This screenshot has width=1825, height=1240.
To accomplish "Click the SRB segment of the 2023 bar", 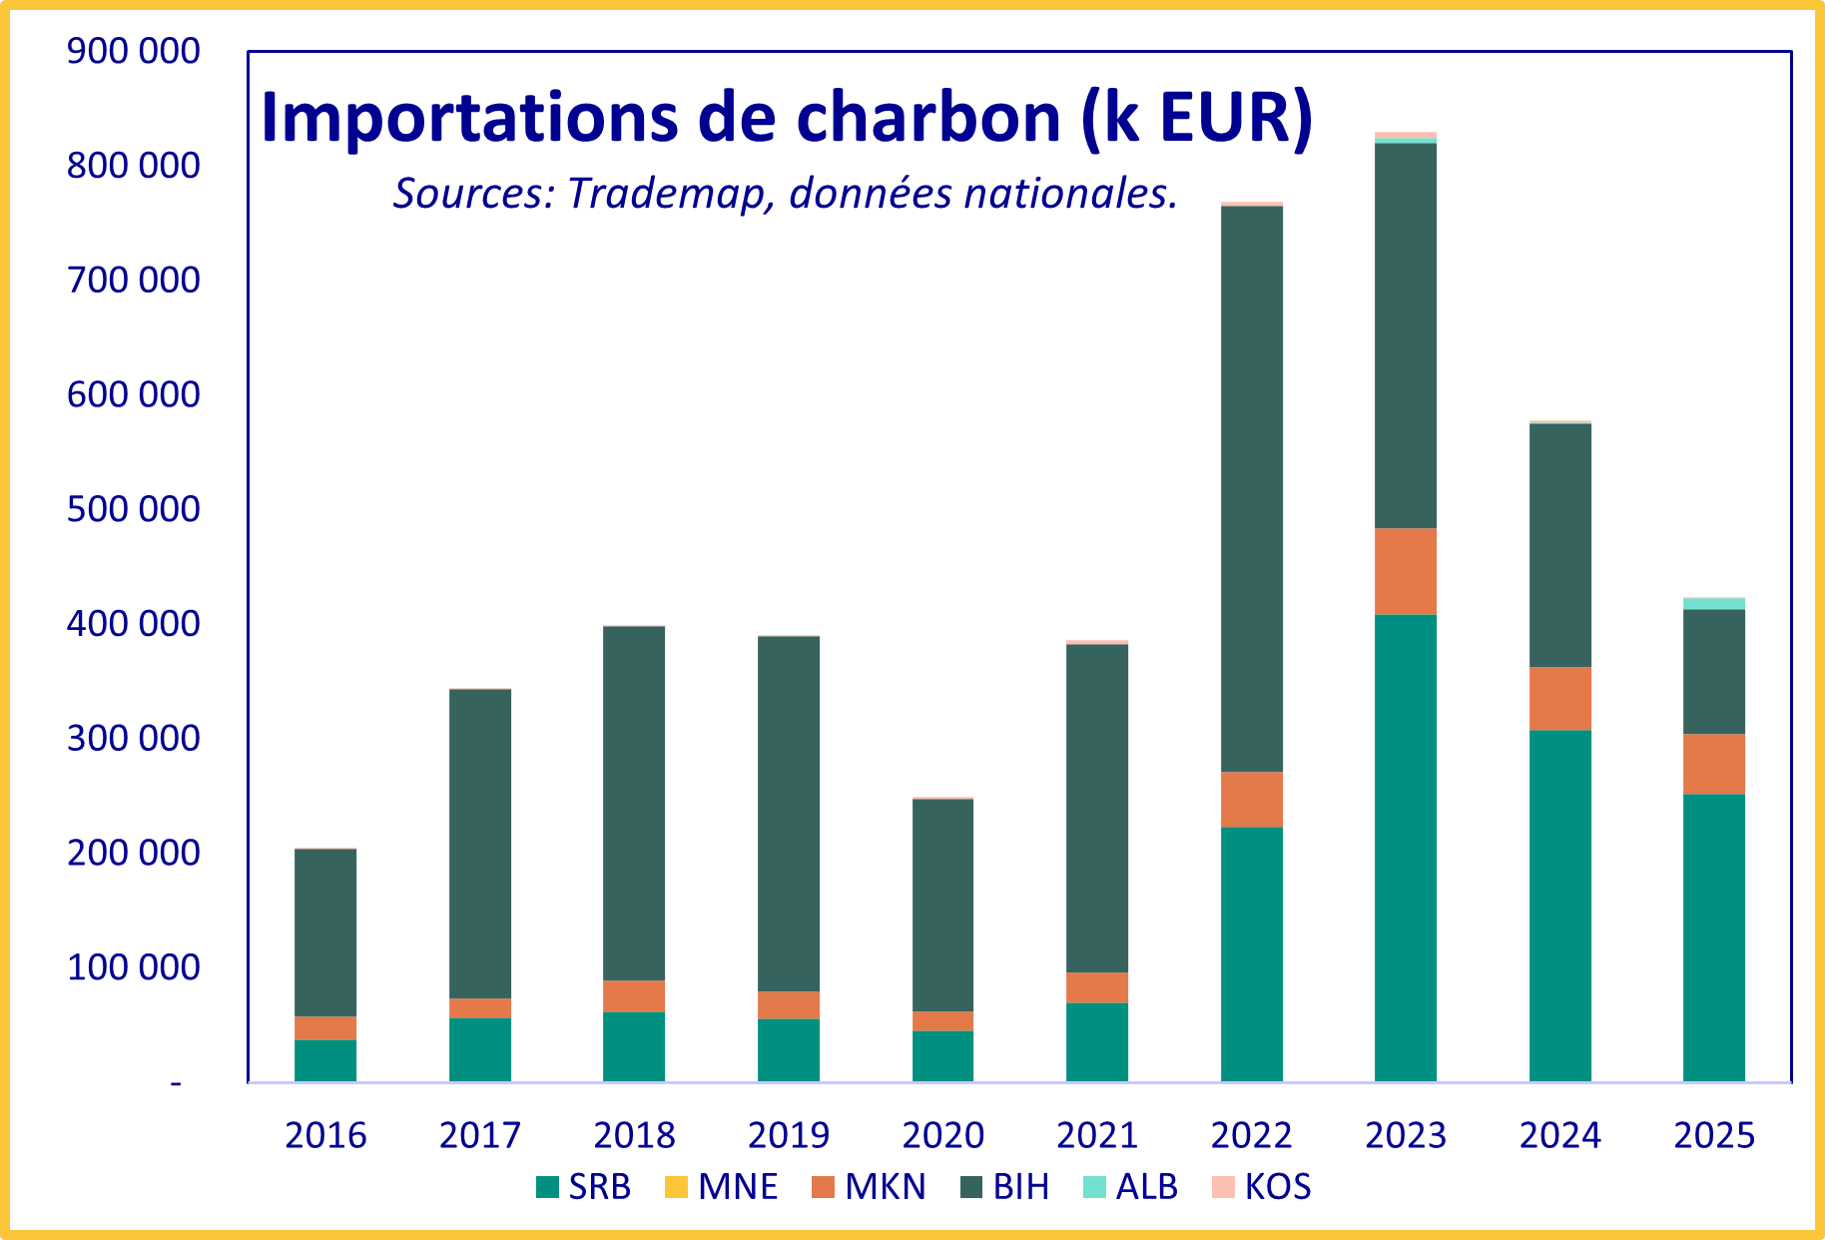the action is tap(1406, 848).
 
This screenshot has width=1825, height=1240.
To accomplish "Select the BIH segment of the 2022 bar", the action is tap(1252, 488).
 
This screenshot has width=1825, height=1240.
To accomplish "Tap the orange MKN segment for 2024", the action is tap(1560, 699).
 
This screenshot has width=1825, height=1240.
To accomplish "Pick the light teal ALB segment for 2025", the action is tap(1714, 603).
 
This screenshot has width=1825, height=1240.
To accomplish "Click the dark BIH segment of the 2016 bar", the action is tap(325, 932).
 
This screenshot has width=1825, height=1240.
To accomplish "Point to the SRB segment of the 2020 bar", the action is tap(943, 1056).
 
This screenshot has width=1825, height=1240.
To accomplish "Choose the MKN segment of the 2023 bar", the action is tap(1406, 571).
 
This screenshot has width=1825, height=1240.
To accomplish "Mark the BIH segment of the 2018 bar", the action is tap(634, 804).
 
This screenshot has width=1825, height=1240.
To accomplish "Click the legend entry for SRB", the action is tap(584, 1186).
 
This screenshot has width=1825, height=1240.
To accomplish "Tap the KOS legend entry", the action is tap(1261, 1186).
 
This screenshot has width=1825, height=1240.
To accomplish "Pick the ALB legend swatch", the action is tap(1095, 1187).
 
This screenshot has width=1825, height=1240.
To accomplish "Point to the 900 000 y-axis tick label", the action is tap(134, 50).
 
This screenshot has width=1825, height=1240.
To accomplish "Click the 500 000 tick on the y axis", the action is tap(134, 509).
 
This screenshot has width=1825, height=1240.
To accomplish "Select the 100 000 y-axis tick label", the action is tap(134, 967).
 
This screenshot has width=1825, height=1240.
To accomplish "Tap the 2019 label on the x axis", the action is tap(789, 1135).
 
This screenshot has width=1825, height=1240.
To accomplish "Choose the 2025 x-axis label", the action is tap(1714, 1135).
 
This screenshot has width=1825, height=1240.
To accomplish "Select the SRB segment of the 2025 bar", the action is tap(1714, 937).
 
